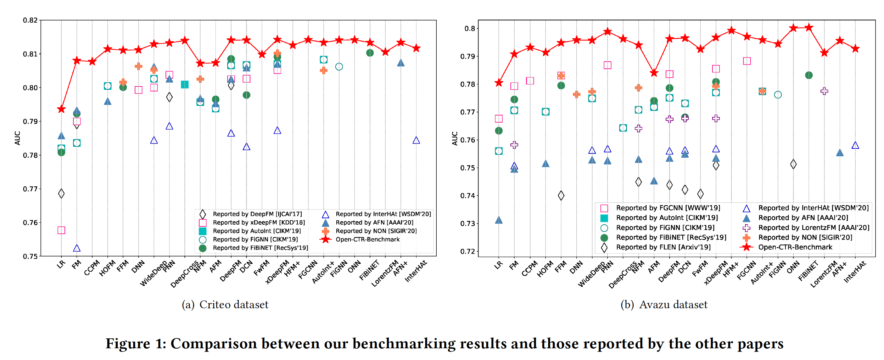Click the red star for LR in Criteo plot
[x=61, y=109]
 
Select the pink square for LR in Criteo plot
[x=61, y=230]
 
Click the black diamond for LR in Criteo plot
[x=61, y=193]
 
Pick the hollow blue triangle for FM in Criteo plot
[x=77, y=248]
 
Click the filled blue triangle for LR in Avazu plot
[x=499, y=220]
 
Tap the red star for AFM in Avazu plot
[x=654, y=73]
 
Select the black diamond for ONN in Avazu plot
[x=793, y=164]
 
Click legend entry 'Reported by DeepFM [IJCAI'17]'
[x=257, y=214]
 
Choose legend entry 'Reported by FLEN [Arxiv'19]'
[x=663, y=247]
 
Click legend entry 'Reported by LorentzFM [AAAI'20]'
[x=814, y=227]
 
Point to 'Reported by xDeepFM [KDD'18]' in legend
[x=258, y=223]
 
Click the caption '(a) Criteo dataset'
[x=225, y=304]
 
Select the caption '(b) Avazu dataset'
[x=664, y=304]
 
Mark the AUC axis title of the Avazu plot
[x=455, y=138]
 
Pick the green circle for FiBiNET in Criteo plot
[x=370, y=53]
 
